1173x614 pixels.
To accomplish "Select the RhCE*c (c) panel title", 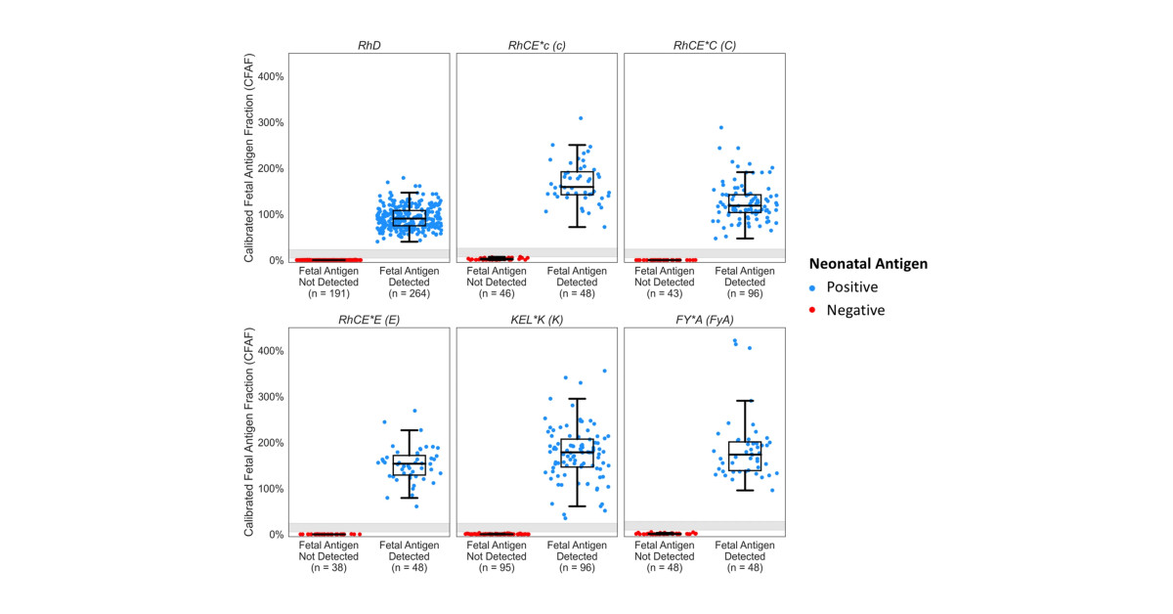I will click(x=537, y=45).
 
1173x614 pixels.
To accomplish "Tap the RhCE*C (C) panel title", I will click(x=704, y=45).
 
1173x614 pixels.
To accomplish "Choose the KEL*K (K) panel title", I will click(x=537, y=320).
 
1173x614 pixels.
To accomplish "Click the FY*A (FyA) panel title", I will click(x=704, y=320).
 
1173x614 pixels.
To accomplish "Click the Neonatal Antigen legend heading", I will click(x=868, y=264).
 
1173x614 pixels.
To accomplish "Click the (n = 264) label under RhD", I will click(x=409, y=292).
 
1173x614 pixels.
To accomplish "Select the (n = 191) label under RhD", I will click(x=328, y=292).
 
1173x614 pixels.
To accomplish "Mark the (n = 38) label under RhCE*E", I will click(x=328, y=567).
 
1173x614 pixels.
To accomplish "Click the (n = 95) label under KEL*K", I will click(x=497, y=567).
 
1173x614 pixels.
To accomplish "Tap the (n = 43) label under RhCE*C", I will click(x=664, y=292).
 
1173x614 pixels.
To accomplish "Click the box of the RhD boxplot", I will click(x=409, y=218).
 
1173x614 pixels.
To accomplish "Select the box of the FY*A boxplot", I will click(x=745, y=456).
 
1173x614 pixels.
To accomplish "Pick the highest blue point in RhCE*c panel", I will click(x=580, y=118).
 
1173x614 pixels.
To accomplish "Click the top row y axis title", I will click(x=249, y=157).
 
